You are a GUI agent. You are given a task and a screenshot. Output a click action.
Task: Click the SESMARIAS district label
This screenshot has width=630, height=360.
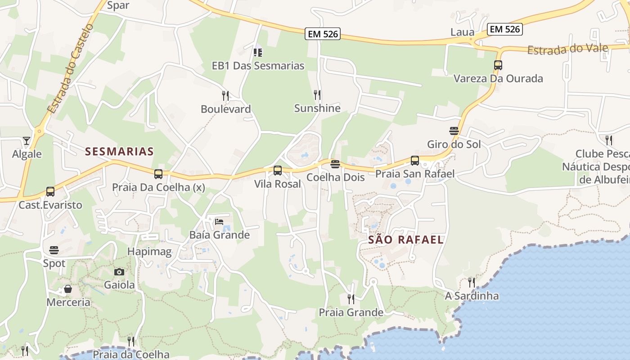119,152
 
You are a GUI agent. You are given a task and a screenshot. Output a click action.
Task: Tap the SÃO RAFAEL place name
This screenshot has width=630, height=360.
406,240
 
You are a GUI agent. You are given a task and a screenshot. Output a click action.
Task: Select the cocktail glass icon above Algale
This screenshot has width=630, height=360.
27,141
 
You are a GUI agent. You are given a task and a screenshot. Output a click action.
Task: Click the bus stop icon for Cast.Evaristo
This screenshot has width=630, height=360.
50,192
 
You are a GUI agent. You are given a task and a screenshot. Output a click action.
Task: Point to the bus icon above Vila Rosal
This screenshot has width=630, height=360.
278,171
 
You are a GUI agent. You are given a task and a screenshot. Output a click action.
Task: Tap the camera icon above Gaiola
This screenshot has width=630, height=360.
119,272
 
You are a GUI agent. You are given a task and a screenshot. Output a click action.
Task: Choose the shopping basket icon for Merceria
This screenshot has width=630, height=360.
68,289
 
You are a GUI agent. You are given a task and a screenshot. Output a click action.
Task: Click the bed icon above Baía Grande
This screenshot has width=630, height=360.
219,221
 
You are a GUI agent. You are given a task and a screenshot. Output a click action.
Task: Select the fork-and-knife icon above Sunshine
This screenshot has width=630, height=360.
317,95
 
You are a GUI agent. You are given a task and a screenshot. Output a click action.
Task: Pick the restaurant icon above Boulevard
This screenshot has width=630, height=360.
225,96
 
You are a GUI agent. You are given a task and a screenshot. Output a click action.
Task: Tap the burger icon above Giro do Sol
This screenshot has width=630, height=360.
454,131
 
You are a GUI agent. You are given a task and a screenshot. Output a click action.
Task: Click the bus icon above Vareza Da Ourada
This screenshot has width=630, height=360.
498,65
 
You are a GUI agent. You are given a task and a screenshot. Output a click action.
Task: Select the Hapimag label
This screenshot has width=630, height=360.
149,252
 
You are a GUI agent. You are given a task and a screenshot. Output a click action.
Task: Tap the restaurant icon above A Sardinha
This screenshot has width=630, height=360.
471,283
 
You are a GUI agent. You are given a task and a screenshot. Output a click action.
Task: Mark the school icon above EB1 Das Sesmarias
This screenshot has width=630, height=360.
258,53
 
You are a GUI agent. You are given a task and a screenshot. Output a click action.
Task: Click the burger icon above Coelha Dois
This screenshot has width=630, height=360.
335,164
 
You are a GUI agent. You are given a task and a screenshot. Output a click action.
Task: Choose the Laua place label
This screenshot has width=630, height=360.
462,32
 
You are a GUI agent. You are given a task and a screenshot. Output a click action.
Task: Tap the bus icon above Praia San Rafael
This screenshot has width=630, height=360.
414,161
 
